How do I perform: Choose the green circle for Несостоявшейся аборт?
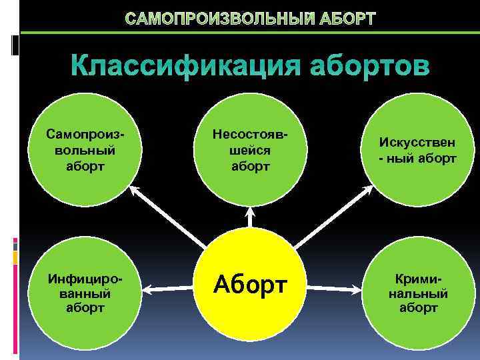click(x=251, y=151)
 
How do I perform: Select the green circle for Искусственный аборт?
click(x=417, y=151)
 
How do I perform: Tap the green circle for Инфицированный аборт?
click(x=85, y=292)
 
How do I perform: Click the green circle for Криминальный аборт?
click(x=417, y=292)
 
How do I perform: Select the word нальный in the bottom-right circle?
click(x=418, y=293)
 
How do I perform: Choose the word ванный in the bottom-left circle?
click(x=85, y=293)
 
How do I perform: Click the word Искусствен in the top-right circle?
click(x=417, y=143)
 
